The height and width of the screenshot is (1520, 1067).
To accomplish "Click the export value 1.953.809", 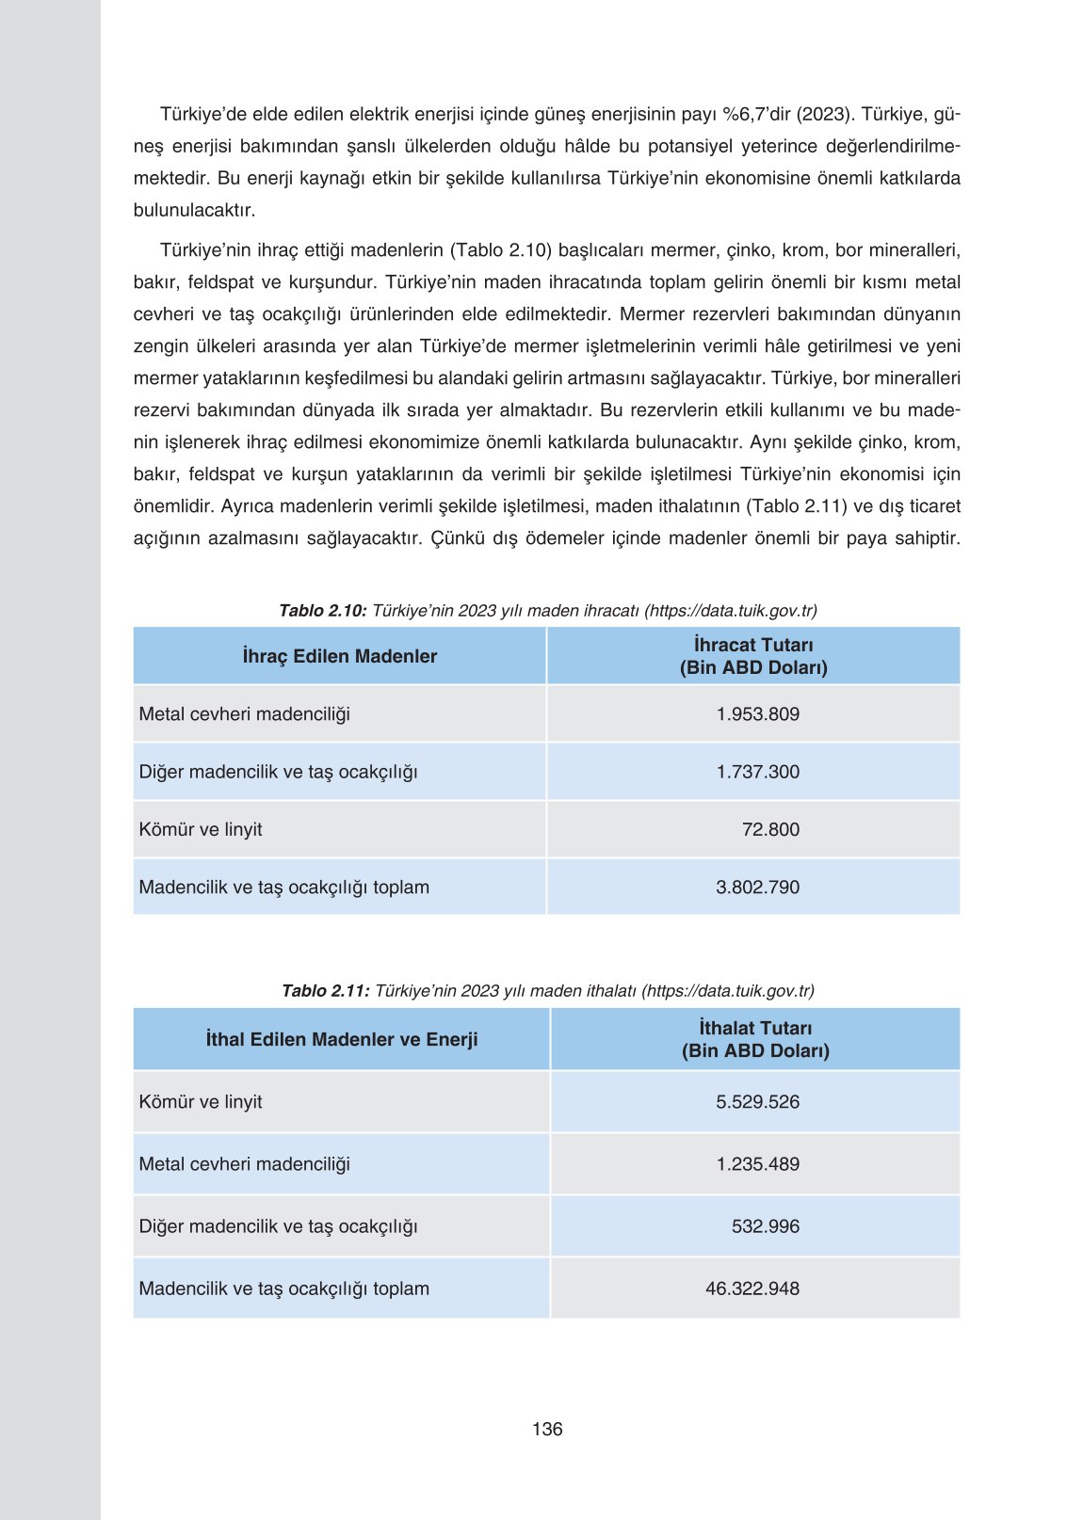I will (x=757, y=713).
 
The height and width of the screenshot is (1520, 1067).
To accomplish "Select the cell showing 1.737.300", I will (x=757, y=772).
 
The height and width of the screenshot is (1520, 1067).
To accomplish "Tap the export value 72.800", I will (x=769, y=829).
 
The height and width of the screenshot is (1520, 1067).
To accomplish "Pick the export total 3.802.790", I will (x=757, y=887).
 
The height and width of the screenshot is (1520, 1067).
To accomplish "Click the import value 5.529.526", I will (x=757, y=1101).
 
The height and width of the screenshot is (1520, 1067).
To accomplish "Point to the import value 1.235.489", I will (x=757, y=1163).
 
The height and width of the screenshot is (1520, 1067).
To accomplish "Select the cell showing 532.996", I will (x=765, y=1226).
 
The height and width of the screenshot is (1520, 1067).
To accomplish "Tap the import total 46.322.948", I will (x=752, y=1288).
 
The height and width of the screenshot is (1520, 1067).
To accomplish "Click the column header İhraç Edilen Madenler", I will (x=340, y=656).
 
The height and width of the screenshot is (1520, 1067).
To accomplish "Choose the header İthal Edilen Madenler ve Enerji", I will (x=342, y=1039).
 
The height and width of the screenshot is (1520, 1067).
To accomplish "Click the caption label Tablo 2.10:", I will (x=322, y=611).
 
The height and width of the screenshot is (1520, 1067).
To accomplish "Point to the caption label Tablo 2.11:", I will (x=325, y=991).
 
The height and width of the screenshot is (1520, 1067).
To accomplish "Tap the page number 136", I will (x=547, y=1429).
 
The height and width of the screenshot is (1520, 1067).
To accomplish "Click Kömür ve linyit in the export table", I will (x=201, y=829).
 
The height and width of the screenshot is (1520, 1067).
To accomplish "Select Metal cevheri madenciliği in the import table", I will (x=244, y=1163).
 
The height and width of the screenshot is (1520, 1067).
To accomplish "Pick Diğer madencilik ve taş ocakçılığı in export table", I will (x=278, y=772).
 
